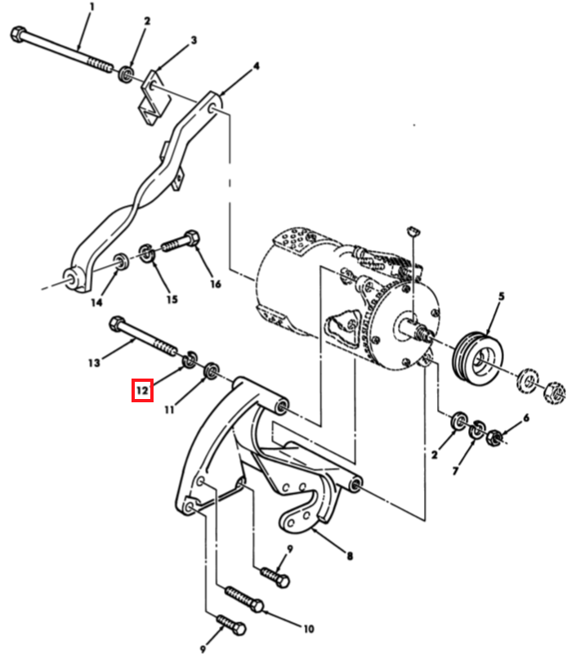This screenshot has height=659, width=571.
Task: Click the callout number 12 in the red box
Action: [x=142, y=391]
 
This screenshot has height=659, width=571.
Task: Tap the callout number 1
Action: [x=92, y=7]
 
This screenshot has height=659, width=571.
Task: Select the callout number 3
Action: [x=194, y=40]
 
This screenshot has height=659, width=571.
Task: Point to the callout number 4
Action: [x=256, y=66]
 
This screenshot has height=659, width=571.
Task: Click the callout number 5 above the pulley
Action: [x=502, y=296]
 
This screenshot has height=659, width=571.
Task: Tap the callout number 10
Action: [x=309, y=629]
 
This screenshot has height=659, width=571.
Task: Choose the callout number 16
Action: [x=216, y=284]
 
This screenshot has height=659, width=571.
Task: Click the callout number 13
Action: [x=94, y=363]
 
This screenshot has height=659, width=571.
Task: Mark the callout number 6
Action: [x=526, y=418]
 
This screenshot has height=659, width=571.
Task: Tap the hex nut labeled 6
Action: [x=494, y=438]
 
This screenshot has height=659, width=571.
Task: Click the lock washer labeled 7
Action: [x=476, y=428]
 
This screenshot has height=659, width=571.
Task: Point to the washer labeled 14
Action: [x=122, y=262]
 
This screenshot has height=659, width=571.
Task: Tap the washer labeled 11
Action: [x=211, y=370]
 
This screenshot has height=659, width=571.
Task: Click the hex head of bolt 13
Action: [x=117, y=324]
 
